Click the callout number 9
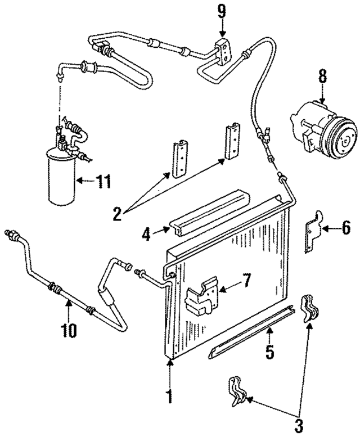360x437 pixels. [223, 10]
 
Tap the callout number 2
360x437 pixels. [116, 214]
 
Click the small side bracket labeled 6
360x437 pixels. [312, 231]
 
